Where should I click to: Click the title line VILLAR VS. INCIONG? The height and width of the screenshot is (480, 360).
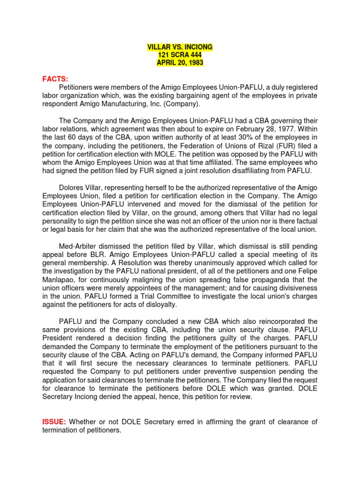180,47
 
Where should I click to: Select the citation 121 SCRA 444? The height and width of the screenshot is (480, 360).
180,55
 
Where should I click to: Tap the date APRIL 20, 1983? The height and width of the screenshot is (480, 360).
180,63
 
